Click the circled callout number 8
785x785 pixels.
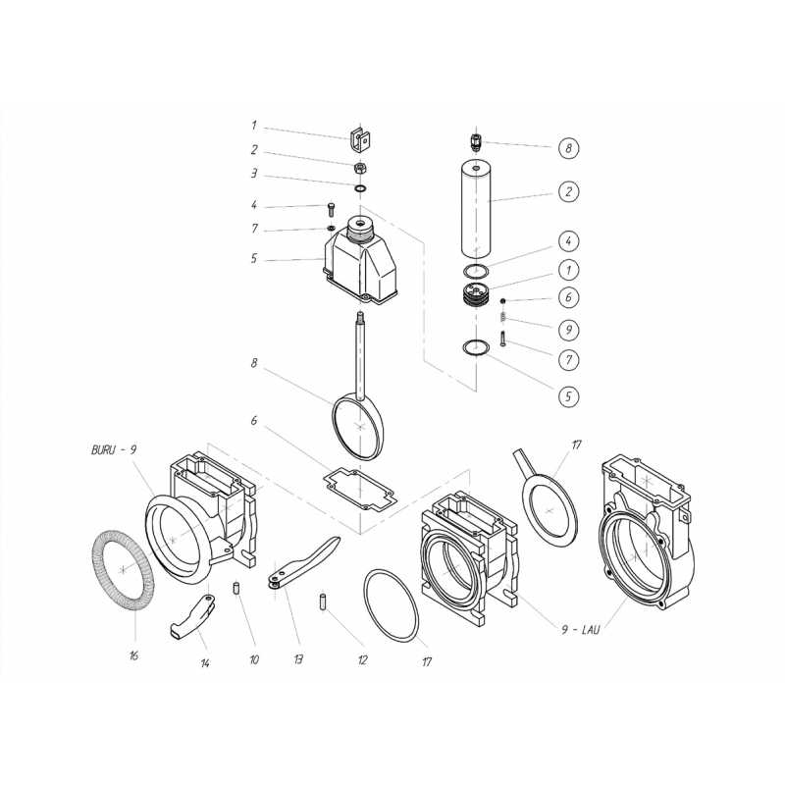pos(568,148)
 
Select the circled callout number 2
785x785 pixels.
pos(568,191)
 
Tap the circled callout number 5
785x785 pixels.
pos(568,396)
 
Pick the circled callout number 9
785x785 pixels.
pos(568,330)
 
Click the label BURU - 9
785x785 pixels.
pos(114,449)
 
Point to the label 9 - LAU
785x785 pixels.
pos(580,629)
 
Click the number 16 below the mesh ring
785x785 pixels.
pos(133,655)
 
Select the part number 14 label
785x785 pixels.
pos(205,663)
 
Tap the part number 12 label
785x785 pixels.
pos(362,660)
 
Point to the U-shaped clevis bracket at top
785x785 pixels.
pos(360,140)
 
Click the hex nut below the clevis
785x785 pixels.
pos(359,167)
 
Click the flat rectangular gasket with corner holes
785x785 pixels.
pos(360,491)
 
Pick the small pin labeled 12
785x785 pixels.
pos(324,602)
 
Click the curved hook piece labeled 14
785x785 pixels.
pos(192,617)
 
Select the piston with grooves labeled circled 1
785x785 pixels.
pos(476,293)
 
